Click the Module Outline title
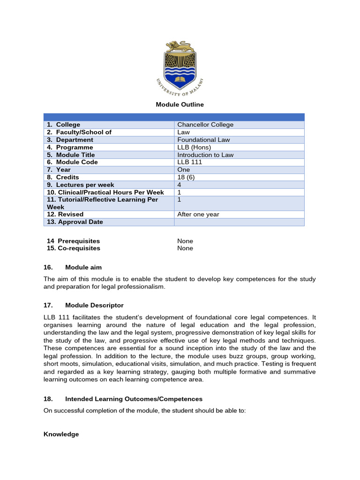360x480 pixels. click(x=180, y=105)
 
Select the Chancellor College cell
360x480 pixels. click(x=205, y=125)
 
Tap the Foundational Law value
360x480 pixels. click(x=203, y=140)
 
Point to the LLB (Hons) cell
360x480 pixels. click(x=195, y=147)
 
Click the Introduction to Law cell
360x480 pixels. click(x=205, y=155)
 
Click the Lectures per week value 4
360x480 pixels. click(x=180, y=185)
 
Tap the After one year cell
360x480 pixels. click(x=198, y=214)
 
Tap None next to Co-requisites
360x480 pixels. click(x=185, y=248)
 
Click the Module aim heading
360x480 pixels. click(x=83, y=267)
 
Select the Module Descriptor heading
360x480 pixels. click(x=94, y=305)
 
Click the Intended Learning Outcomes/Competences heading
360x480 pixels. click(x=134, y=399)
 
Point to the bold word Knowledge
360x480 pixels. click(x=61, y=434)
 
